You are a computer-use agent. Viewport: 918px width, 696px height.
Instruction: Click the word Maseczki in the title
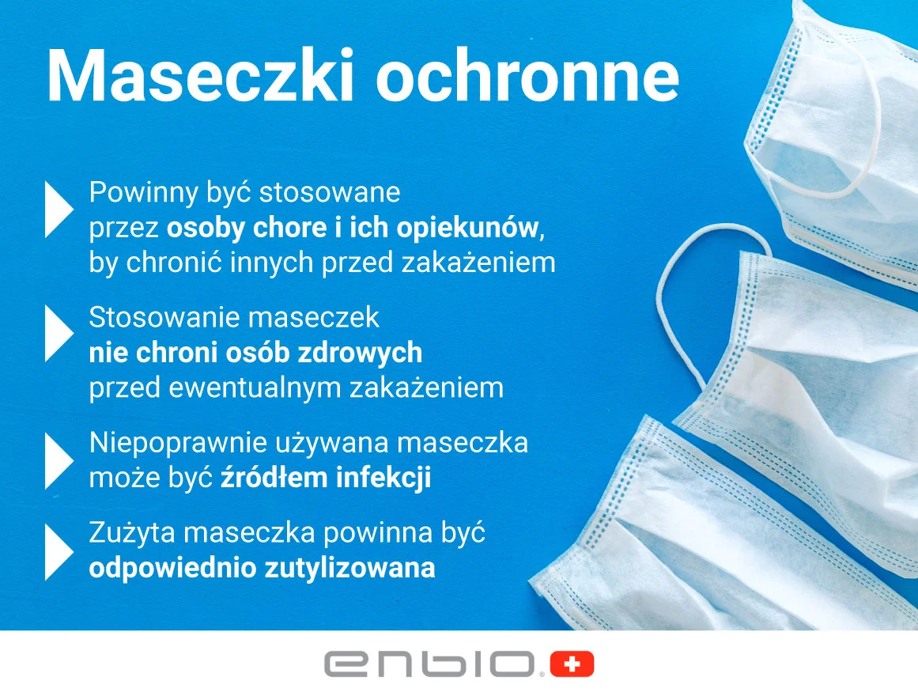pyautogui.click(x=200, y=77)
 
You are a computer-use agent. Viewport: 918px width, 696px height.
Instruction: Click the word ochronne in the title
pyautogui.click(x=527, y=77)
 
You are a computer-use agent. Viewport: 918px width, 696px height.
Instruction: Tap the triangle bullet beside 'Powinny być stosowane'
pyautogui.click(x=59, y=210)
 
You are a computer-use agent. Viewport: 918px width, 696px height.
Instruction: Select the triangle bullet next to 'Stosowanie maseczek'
pyautogui.click(x=59, y=333)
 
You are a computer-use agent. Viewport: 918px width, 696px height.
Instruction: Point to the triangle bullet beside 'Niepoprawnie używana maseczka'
pyautogui.click(x=59, y=461)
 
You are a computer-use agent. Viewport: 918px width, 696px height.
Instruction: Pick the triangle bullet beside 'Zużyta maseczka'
pyautogui.click(x=59, y=552)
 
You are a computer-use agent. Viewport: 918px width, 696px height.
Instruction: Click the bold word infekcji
pyautogui.click(x=384, y=477)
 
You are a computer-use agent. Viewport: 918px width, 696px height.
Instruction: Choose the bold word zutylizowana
pyautogui.click(x=349, y=569)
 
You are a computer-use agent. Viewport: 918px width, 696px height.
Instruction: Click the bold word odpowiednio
pyautogui.click(x=172, y=569)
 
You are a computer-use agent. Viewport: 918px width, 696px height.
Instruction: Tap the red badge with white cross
pyautogui.click(x=572, y=664)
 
